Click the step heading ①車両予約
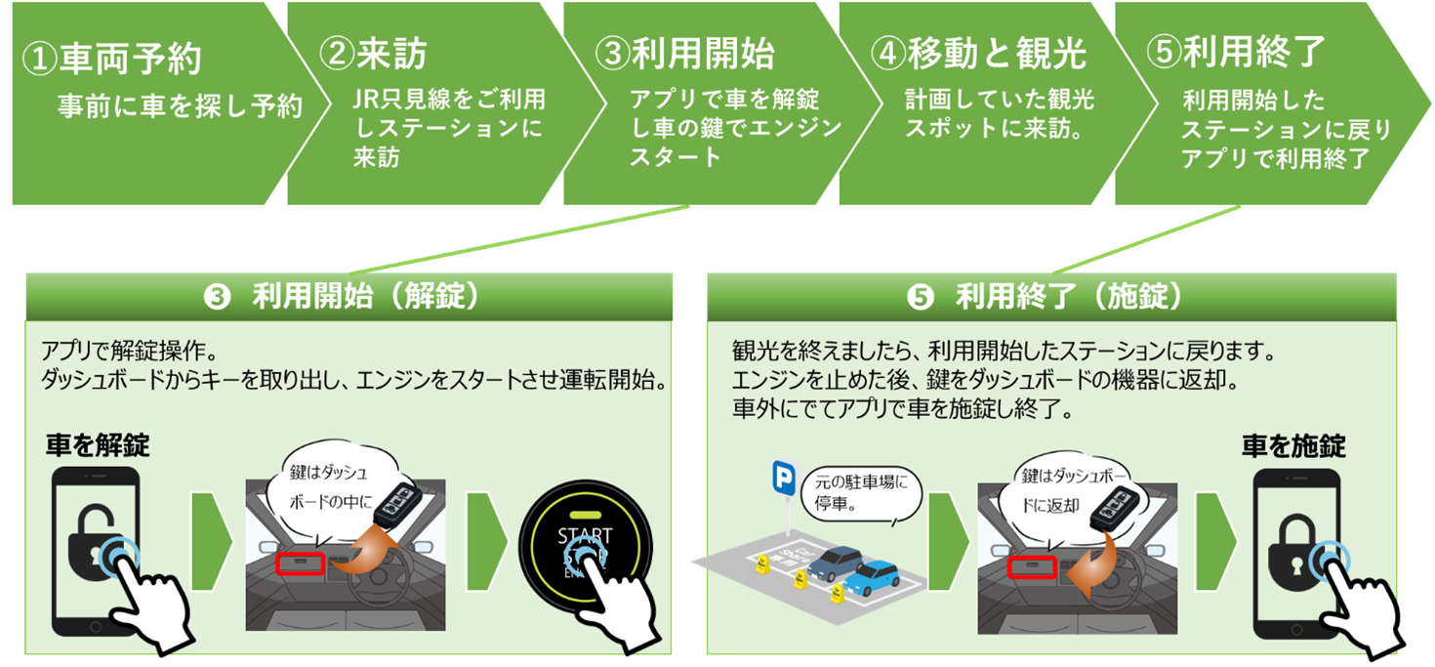point(112,59)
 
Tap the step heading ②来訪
point(373,54)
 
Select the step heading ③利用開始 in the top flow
point(685,53)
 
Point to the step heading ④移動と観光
point(979,53)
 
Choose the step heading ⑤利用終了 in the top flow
point(1236,51)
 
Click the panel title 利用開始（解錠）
point(366,296)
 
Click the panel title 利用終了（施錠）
point(1069,296)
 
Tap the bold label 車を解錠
point(98,445)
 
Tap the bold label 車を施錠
point(1293,446)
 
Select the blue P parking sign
point(784,478)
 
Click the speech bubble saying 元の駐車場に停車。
point(861,494)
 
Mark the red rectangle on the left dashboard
point(300,563)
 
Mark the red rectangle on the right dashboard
point(1032,567)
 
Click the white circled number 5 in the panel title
point(920,297)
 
